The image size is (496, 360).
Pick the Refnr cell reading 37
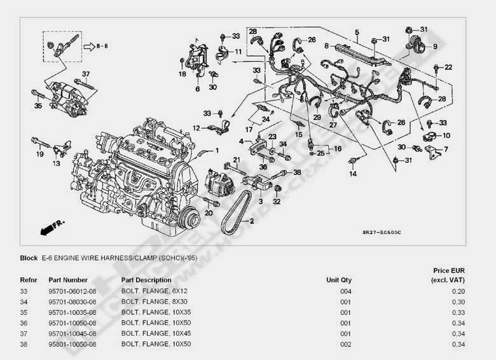pyautogui.click(x=25, y=333)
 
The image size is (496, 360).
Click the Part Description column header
pyautogui.click(x=146, y=280)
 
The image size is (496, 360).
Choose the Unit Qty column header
pyautogui.click(x=338, y=280)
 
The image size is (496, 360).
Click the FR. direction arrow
pyautogui.click(x=48, y=227)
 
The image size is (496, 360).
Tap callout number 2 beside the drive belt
pyautogui.click(x=252, y=221)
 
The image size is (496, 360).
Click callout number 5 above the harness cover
pyautogui.click(x=357, y=32)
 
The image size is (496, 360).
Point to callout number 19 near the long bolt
pyautogui.click(x=39, y=154)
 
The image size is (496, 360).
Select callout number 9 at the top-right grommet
pyautogui.click(x=435, y=46)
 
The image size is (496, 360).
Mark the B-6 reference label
pyautogui.click(x=102, y=46)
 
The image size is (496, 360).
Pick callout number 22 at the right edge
pyautogui.click(x=448, y=67)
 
